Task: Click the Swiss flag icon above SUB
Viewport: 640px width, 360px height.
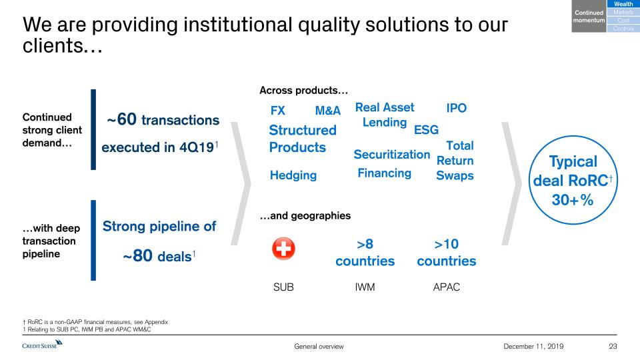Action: tap(284, 248)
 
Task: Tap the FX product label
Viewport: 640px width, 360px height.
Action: tap(278, 111)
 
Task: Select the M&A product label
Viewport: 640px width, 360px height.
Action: tap(328, 111)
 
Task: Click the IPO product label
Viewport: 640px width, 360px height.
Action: tap(456, 108)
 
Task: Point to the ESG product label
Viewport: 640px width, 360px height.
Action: tap(426, 130)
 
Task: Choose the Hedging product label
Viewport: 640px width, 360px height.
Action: tap(293, 175)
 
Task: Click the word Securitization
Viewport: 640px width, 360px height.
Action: tap(392, 154)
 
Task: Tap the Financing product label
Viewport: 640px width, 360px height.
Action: tap(385, 173)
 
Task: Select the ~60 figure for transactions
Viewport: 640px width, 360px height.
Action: tap(121, 119)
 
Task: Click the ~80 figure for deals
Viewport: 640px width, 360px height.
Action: tap(137, 256)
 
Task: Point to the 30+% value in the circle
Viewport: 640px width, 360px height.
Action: tap(573, 200)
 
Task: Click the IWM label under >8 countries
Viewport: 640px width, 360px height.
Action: tap(365, 287)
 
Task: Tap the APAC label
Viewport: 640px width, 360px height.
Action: tap(447, 287)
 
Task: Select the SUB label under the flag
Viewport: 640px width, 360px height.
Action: tap(284, 287)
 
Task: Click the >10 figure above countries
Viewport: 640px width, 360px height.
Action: tap(447, 244)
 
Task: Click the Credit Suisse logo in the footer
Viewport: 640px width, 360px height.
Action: tap(42, 344)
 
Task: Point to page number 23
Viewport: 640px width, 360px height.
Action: tap(613, 346)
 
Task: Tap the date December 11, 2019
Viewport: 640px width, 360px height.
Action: tap(533, 346)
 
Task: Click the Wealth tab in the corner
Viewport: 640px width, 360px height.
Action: tap(623, 4)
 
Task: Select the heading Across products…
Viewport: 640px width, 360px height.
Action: tap(304, 90)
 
